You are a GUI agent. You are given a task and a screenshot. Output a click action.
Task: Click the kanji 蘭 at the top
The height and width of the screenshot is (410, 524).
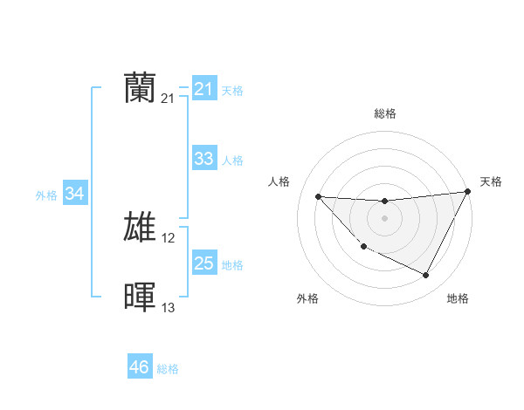[x=141, y=88]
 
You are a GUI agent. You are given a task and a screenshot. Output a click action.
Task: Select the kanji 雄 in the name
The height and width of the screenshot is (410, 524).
[x=141, y=228]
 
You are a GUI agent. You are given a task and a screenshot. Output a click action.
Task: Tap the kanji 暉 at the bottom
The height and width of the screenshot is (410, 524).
[x=141, y=297]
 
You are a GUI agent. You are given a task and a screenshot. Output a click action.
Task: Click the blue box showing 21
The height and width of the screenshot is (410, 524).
[x=203, y=89]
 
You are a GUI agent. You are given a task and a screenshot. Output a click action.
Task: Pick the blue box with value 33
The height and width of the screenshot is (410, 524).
[x=203, y=159]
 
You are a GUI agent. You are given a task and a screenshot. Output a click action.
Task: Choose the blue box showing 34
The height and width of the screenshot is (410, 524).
[x=74, y=194]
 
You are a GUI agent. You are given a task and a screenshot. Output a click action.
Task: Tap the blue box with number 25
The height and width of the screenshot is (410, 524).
[x=203, y=263]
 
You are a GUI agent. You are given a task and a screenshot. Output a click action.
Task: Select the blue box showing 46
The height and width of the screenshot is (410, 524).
[x=140, y=367]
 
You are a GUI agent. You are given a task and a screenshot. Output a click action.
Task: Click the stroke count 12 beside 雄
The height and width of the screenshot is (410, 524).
[x=169, y=238]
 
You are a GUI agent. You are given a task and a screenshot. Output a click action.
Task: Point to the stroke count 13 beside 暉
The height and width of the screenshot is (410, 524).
[x=169, y=307]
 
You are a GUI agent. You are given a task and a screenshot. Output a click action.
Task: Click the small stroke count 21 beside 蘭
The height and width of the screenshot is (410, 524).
[x=169, y=99]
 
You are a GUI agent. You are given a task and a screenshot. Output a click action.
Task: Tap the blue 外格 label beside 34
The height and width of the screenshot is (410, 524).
[x=46, y=195]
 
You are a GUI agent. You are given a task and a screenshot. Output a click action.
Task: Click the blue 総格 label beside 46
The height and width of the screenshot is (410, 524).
[x=168, y=369]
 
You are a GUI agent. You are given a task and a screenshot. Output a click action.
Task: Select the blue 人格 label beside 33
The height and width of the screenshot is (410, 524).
[x=232, y=161]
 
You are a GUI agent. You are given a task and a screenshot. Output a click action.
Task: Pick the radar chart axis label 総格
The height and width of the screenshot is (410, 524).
[x=385, y=113]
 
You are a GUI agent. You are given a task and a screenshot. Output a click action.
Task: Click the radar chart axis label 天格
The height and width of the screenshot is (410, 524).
[x=491, y=181]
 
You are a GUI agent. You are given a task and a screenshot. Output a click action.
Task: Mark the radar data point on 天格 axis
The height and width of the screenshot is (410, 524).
[x=468, y=191]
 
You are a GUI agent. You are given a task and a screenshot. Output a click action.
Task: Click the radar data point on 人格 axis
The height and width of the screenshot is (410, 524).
[x=318, y=196]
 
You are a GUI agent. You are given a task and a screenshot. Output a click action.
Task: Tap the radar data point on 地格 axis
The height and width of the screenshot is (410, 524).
[x=426, y=276]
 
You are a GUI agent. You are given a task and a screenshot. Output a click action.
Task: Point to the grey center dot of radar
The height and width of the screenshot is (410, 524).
[x=384, y=217]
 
